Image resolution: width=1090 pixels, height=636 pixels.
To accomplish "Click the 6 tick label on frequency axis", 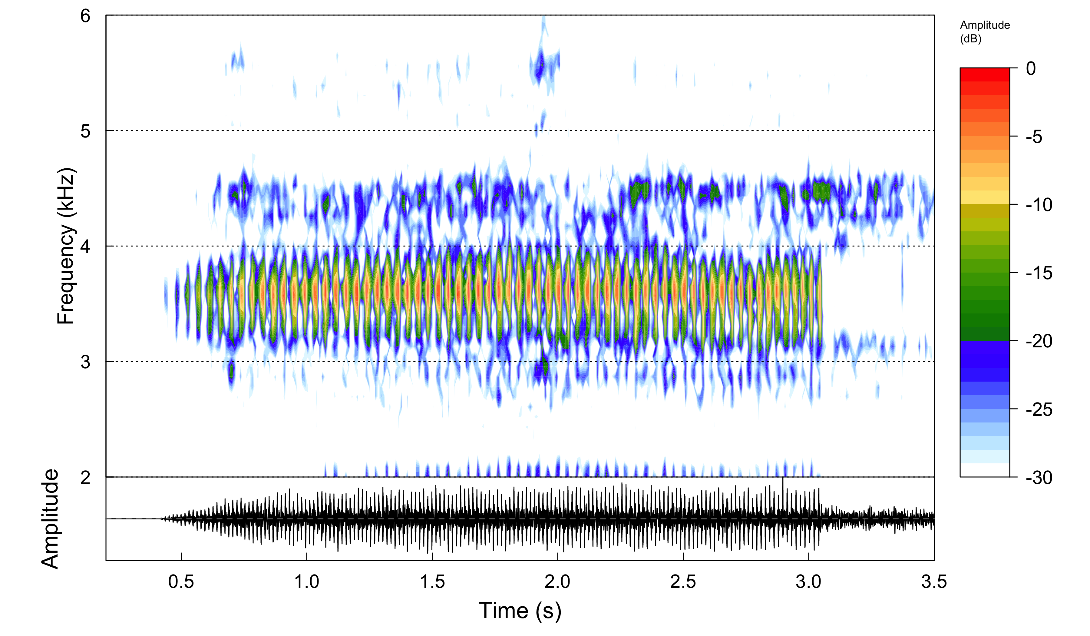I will click(x=85, y=16).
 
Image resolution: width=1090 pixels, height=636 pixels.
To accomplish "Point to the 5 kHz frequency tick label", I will click(x=85, y=131).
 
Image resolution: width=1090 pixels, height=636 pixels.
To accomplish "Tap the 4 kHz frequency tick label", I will click(x=85, y=247).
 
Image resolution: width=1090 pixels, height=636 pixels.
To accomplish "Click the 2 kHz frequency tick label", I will click(x=85, y=478).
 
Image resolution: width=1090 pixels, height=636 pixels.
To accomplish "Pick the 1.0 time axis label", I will click(x=307, y=582).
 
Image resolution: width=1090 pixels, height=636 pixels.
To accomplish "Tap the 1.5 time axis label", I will click(x=432, y=582).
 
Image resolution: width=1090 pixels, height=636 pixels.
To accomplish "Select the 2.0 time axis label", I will click(x=557, y=582).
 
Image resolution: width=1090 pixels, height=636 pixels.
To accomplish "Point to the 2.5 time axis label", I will click(x=683, y=582).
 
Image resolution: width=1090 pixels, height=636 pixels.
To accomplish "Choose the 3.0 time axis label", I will click(x=808, y=582).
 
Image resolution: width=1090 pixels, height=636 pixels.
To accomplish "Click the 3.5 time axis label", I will click(x=934, y=582).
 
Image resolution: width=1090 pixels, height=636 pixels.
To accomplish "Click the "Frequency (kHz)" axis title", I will click(x=66, y=246).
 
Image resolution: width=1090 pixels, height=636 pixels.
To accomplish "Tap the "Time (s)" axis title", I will click(x=520, y=611).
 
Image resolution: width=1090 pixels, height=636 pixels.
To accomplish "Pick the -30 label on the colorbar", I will click(x=1039, y=478).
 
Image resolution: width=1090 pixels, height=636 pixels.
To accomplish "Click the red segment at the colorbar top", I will click(x=984, y=75).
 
